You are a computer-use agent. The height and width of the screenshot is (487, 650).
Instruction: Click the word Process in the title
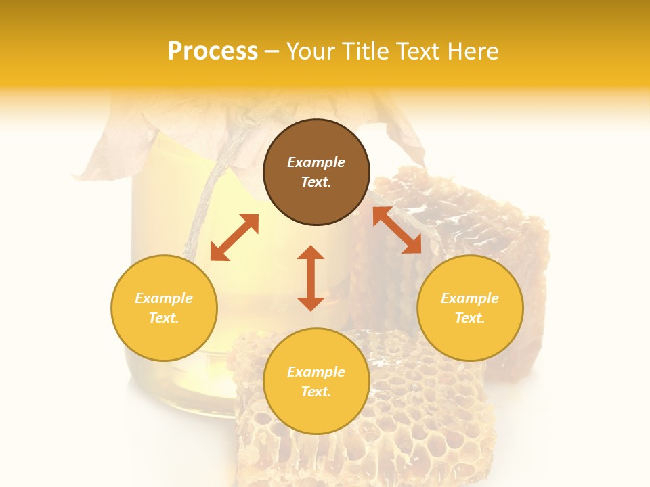[213, 51]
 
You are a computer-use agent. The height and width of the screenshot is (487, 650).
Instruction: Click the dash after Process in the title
[272, 52]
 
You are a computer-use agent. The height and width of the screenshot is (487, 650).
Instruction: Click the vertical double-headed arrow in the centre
[311, 278]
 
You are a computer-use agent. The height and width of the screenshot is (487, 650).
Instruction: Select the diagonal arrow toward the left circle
[234, 237]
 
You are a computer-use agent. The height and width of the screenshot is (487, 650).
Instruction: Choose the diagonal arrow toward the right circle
[397, 230]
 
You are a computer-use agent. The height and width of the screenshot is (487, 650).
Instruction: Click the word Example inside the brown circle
[316, 162]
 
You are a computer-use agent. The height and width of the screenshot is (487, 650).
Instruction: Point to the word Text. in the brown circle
[316, 182]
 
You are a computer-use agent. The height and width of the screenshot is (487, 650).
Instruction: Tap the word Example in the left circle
[164, 298]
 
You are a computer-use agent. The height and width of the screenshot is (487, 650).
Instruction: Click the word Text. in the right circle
[470, 318]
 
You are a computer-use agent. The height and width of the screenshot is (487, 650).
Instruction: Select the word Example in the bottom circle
[316, 372]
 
